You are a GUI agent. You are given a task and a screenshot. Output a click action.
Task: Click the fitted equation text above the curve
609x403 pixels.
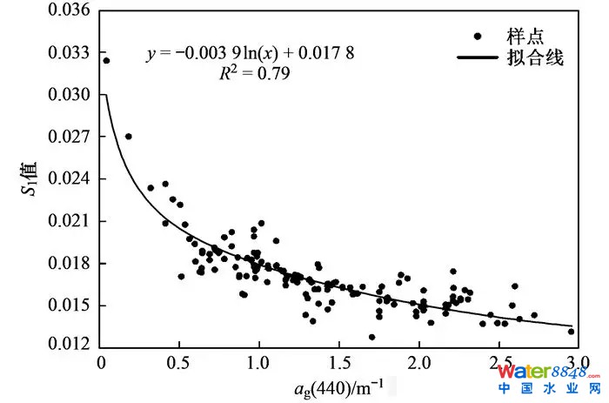coord(251,54)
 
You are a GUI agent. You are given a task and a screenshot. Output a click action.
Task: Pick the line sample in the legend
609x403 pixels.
coord(480,59)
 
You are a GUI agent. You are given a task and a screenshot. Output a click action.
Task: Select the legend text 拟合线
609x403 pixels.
coord(541,59)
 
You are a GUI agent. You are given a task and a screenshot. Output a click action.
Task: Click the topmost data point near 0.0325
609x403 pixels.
coord(106,61)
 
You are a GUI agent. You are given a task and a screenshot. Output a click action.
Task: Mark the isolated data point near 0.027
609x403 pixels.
coord(129,137)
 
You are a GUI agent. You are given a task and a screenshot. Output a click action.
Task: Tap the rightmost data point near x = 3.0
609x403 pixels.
coord(572,331)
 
